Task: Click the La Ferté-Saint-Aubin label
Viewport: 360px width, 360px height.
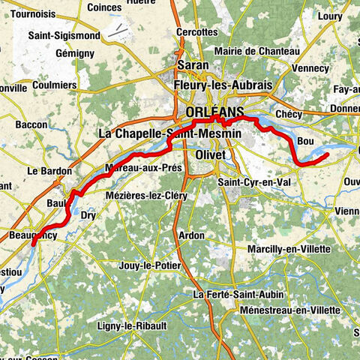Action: tap(231, 294)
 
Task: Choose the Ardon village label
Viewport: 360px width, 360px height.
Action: tap(191, 235)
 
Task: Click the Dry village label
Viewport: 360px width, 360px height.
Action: tap(87, 214)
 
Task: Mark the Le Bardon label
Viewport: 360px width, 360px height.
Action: tap(49, 171)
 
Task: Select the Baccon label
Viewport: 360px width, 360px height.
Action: tap(31, 124)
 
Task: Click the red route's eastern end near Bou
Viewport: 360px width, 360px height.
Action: tap(328, 154)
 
